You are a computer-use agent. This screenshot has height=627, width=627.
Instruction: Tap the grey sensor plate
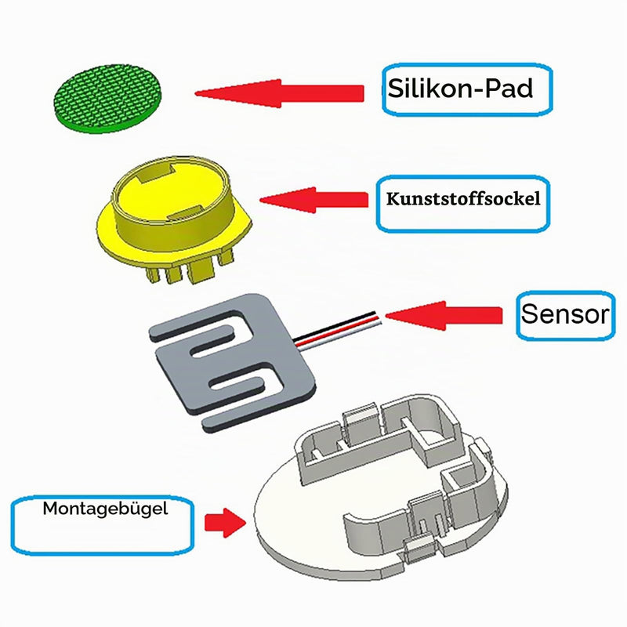[232, 362]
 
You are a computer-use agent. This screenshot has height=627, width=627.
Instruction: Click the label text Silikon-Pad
[460, 88]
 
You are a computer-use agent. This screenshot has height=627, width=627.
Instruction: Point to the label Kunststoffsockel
[463, 199]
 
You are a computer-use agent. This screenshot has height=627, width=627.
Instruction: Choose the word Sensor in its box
[565, 314]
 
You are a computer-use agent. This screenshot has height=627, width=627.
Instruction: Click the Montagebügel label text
[105, 509]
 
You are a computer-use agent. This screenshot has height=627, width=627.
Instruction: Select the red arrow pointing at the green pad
[279, 93]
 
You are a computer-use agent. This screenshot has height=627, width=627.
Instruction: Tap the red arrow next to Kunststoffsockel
[314, 200]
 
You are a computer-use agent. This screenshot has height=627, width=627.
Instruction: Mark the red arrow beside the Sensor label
[444, 316]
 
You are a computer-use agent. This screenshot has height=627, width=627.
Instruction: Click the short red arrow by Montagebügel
[225, 523]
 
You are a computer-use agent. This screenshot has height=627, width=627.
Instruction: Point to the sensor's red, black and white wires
[336, 331]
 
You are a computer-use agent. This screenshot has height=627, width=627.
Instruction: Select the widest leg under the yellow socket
[201, 270]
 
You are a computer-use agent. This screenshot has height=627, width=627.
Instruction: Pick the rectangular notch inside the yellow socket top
[155, 175]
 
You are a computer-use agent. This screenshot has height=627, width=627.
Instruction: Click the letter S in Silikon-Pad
[396, 88]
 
